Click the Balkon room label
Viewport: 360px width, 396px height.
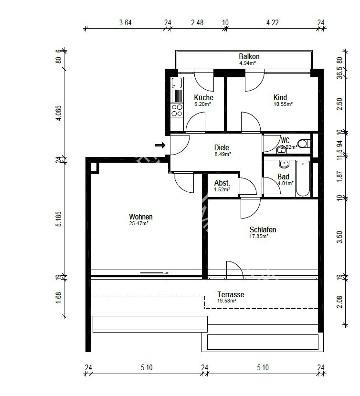point(249,56)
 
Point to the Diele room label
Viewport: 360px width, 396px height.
point(222,148)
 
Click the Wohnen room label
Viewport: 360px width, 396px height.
point(141,217)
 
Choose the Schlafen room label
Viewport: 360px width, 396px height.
point(263,229)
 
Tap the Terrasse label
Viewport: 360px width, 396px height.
point(231,295)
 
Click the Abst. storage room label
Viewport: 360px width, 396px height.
point(222,183)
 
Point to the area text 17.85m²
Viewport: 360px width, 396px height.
point(259,236)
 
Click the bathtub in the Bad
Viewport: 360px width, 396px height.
point(303,179)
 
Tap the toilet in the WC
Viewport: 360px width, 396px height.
point(302,143)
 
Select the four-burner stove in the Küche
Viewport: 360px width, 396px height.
point(177,111)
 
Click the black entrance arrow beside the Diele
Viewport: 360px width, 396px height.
point(160,145)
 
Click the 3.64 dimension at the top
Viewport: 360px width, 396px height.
point(126,22)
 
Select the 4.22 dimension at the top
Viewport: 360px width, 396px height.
point(272,22)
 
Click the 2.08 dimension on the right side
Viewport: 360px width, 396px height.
point(339,301)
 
